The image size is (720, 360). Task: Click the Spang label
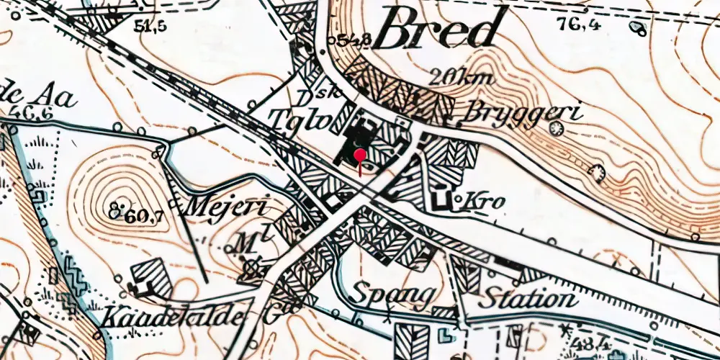pyautogui.click(x=393, y=295)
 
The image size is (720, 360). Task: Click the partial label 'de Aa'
pyautogui.click(x=40, y=96)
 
